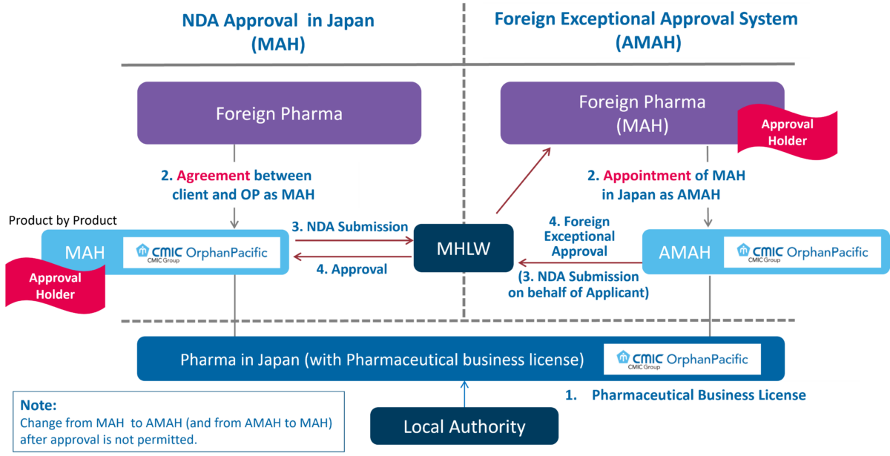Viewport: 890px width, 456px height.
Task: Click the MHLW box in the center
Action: (464, 249)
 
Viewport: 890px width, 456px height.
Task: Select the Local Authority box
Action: (464, 426)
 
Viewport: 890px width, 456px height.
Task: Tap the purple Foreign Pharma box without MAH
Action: (279, 113)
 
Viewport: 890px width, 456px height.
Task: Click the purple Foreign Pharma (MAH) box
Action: (642, 113)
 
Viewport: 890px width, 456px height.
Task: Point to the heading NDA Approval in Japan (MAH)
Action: (278, 31)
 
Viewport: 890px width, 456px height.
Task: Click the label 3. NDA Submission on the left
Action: (349, 227)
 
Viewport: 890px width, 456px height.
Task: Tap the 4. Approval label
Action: (352, 269)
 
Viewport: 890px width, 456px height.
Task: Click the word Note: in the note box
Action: (39, 406)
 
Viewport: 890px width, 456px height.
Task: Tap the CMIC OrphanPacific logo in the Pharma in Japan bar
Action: (682, 360)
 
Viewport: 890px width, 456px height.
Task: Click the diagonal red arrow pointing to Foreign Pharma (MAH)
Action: (524, 181)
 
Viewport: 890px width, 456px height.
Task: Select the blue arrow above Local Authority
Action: (464, 393)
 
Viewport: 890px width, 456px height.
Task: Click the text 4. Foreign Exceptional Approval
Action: (579, 237)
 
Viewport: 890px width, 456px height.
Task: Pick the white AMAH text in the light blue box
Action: (685, 253)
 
